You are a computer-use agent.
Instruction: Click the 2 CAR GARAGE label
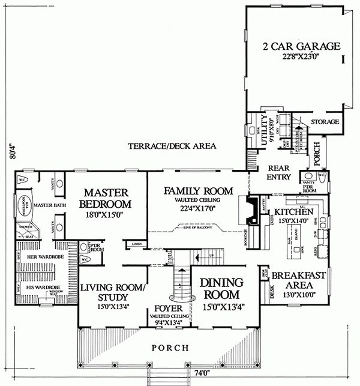tap(301, 46)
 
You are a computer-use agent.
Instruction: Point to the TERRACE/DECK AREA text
tap(172, 146)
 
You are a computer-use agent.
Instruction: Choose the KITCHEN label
tap(292, 213)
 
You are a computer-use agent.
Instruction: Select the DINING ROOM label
tap(220, 288)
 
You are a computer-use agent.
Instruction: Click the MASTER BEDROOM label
tap(107, 198)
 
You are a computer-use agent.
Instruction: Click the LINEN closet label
tap(136, 244)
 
